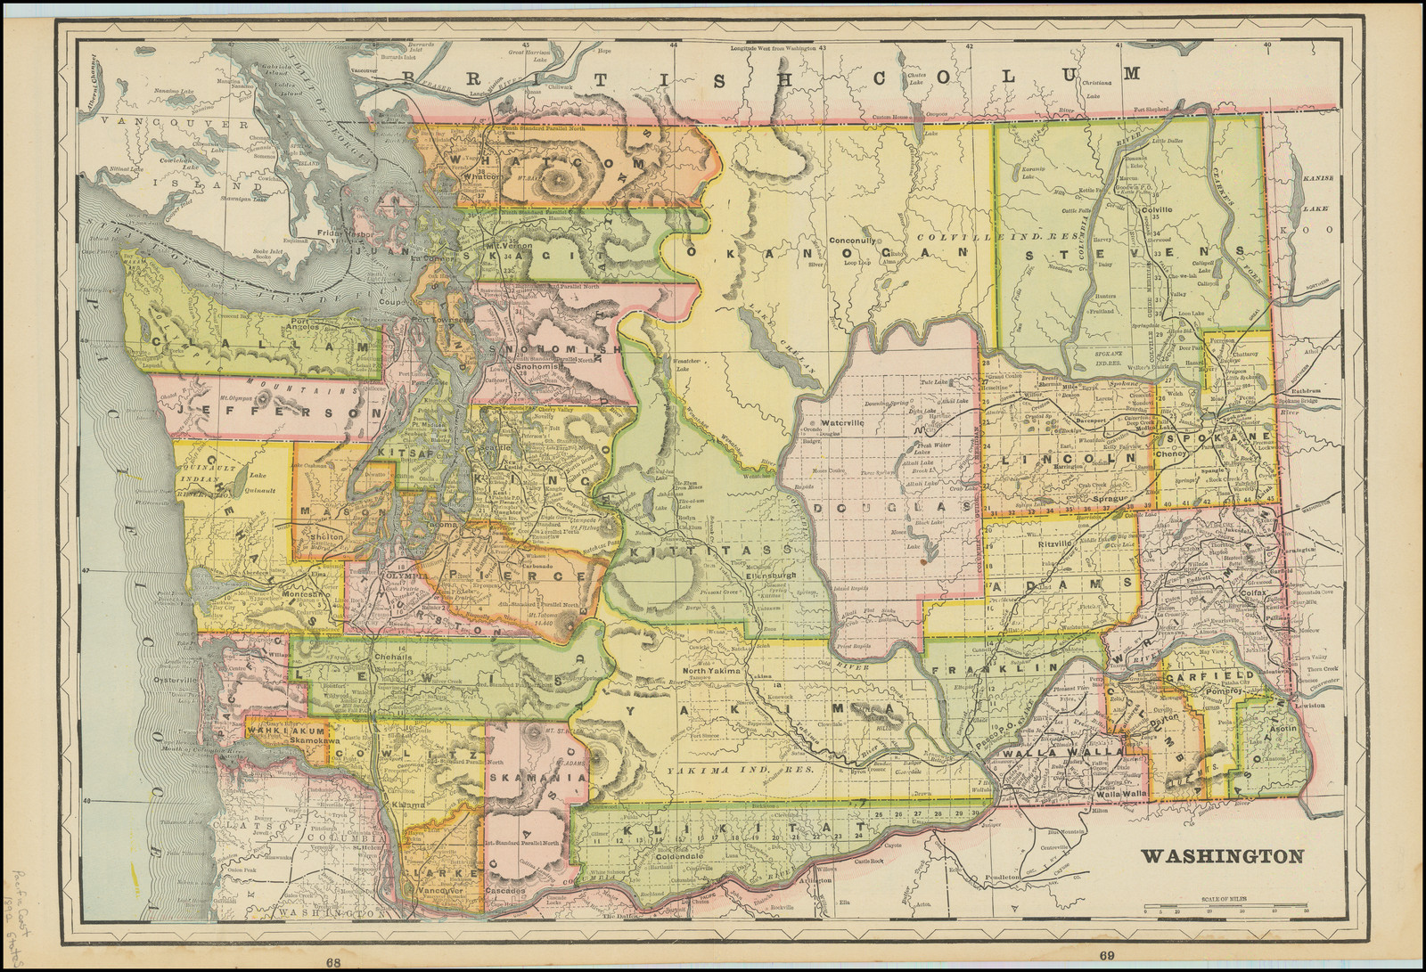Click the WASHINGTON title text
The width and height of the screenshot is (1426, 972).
pyautogui.click(x=1222, y=857)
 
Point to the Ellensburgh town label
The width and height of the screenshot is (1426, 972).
pyautogui.click(x=744, y=575)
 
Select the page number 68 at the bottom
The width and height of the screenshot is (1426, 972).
pyautogui.click(x=333, y=961)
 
